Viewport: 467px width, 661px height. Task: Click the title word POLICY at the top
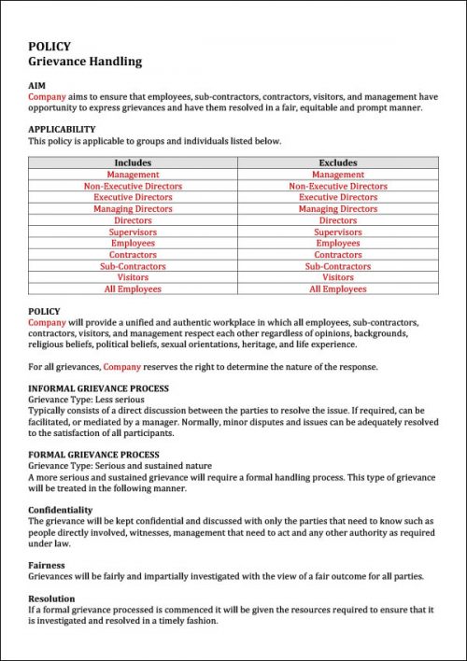click(x=49, y=46)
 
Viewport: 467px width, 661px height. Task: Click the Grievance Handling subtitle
click(x=85, y=62)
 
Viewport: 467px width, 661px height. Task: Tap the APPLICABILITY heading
click(x=62, y=129)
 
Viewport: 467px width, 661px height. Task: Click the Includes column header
click(x=133, y=162)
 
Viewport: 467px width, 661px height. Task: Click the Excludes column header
click(x=337, y=162)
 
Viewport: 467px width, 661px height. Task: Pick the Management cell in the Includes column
click(x=133, y=175)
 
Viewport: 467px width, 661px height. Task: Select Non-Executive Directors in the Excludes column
click(x=337, y=186)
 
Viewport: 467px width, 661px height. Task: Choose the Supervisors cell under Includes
click(x=133, y=232)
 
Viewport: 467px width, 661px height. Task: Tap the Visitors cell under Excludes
click(x=337, y=277)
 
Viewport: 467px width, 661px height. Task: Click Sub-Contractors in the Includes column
click(x=133, y=266)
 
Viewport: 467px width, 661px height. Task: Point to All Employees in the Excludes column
click(x=337, y=289)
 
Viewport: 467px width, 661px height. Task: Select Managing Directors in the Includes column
click(x=133, y=209)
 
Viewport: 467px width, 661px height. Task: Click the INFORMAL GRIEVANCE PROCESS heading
click(x=98, y=387)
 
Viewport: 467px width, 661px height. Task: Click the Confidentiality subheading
click(x=61, y=510)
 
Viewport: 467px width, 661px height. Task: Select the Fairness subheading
click(x=47, y=565)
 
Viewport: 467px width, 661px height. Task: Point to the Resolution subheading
click(x=52, y=598)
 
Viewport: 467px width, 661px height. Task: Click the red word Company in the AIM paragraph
click(x=47, y=95)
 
